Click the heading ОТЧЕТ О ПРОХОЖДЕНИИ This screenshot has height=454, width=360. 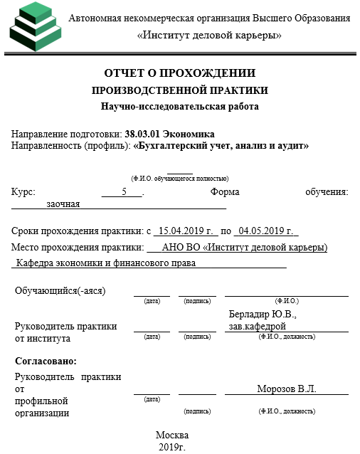pos(179,73)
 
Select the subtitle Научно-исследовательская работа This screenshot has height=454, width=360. pos(179,107)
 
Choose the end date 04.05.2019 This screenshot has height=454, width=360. pos(265,231)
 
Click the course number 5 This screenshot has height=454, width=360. pos(124,192)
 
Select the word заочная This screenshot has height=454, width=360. pos(63,204)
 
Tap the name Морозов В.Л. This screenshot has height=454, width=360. pos(286,389)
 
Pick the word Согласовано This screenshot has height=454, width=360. pos(46,361)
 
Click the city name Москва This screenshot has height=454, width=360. pos(172,435)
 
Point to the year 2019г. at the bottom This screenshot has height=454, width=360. pos(172,447)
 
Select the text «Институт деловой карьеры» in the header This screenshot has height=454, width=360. pos(209,34)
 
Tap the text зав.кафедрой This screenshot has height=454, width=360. pos(257,326)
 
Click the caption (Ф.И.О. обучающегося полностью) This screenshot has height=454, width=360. pos(179,178)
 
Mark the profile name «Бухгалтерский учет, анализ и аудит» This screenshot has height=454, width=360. pos(221,145)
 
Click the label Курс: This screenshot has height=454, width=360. pos(23,192)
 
